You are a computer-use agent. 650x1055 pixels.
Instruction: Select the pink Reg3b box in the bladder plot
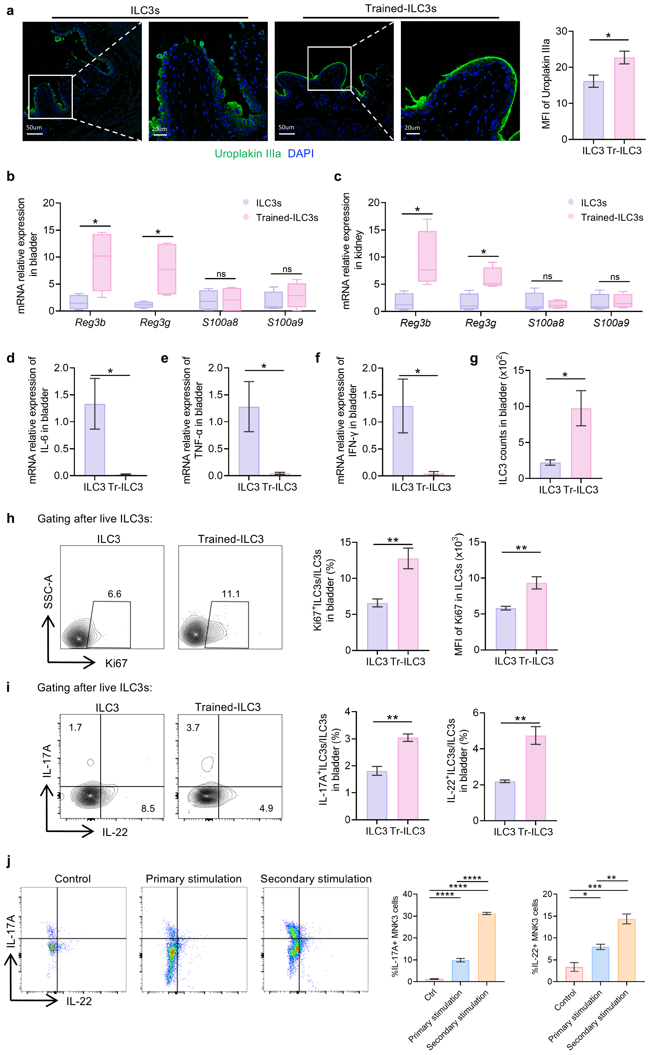[102, 262]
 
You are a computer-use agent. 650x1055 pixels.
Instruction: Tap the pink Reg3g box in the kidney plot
[492, 276]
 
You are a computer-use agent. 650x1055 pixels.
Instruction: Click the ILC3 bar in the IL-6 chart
[95, 439]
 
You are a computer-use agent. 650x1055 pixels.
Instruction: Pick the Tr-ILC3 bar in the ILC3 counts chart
[581, 443]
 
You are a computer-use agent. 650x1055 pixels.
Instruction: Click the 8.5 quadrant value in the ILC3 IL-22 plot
[148, 809]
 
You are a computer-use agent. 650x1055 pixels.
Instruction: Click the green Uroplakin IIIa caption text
[248, 153]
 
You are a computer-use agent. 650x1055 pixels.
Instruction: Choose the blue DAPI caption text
[301, 153]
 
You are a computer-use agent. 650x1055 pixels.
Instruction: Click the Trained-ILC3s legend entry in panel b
[287, 218]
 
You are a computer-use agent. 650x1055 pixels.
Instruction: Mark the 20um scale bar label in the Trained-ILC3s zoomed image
[412, 128]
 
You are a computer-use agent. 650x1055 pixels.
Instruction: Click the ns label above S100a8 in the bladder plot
[221, 274]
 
